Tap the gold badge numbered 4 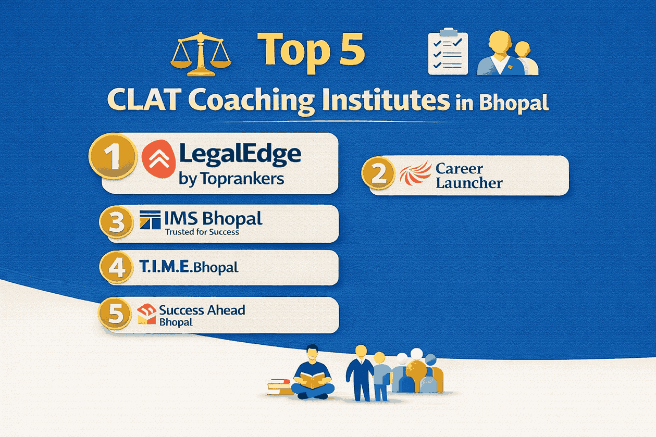[x=116, y=267]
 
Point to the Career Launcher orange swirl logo [x=415, y=174]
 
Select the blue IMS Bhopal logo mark [x=150, y=220]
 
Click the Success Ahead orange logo [x=146, y=315]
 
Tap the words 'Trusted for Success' [x=202, y=232]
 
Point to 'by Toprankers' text [x=231, y=179]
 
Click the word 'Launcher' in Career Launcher [x=469, y=183]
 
